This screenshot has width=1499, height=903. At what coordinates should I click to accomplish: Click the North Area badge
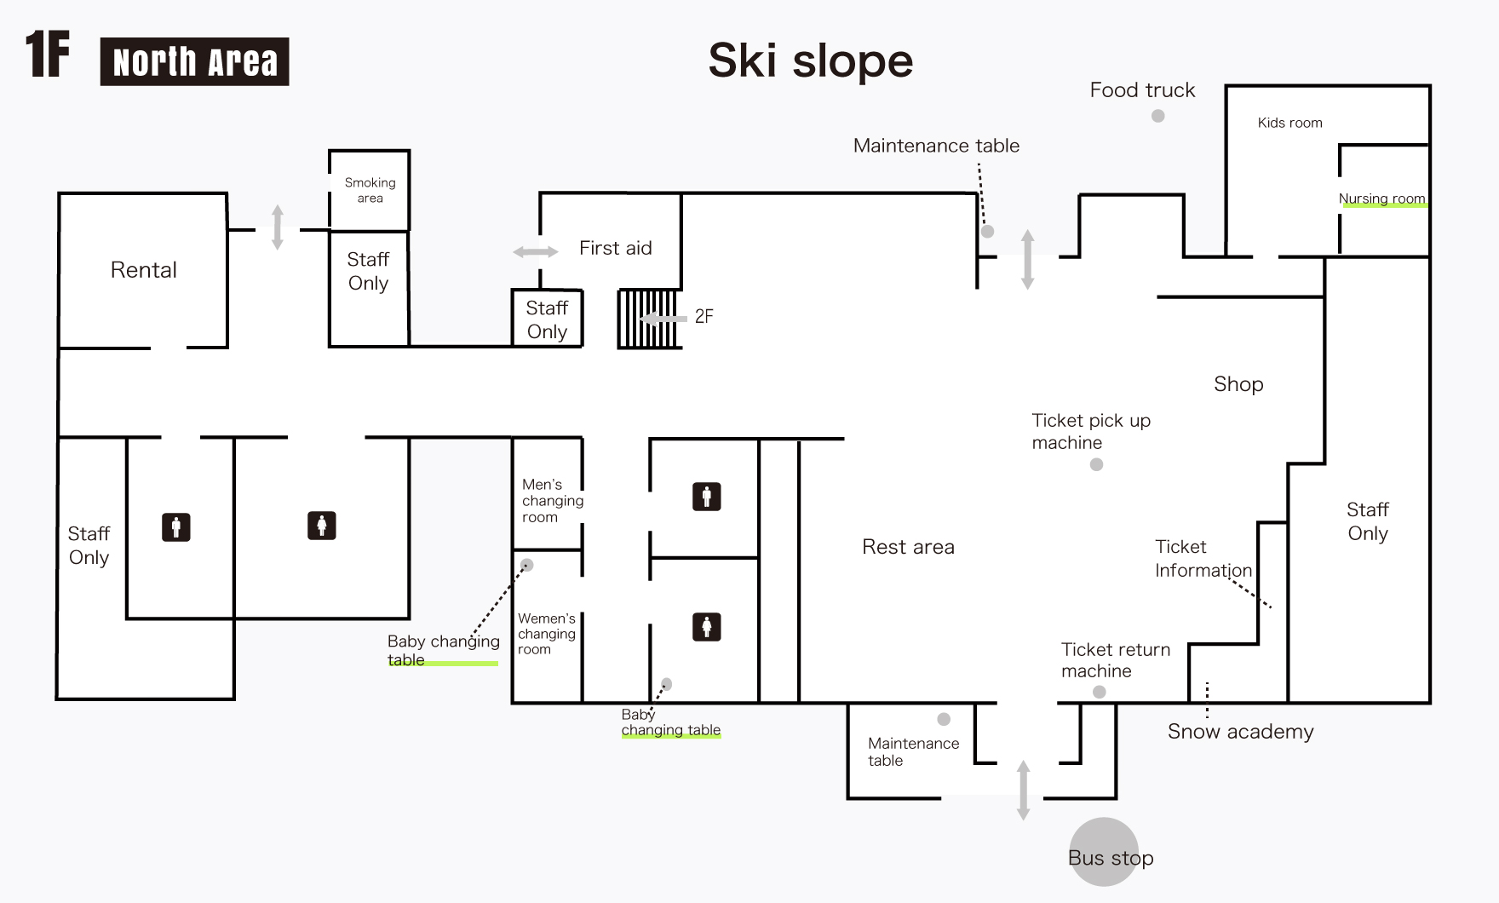(x=194, y=61)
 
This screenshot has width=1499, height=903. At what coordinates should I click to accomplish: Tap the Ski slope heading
(x=810, y=60)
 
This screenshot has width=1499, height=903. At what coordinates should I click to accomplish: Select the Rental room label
(x=144, y=270)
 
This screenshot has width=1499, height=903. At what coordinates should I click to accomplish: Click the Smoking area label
(x=370, y=190)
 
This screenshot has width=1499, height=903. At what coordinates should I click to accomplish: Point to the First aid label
(x=615, y=248)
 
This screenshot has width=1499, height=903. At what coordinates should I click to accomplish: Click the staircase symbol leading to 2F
(x=648, y=319)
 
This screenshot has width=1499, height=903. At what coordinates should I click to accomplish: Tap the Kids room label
(x=1289, y=123)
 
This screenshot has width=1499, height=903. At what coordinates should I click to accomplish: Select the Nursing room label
(x=1381, y=198)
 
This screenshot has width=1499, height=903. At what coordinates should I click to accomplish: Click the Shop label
(x=1238, y=384)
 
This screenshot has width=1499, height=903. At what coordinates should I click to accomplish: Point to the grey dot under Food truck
(x=1157, y=116)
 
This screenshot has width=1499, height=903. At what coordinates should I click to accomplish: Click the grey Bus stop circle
(x=1104, y=852)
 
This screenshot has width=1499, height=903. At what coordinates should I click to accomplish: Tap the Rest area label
(x=908, y=547)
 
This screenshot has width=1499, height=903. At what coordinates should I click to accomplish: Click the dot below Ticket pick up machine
(x=1096, y=464)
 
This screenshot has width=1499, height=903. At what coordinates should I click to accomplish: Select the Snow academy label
(x=1240, y=732)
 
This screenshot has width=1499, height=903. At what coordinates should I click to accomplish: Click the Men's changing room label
(x=552, y=501)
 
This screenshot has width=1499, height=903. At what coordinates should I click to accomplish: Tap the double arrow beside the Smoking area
(x=277, y=227)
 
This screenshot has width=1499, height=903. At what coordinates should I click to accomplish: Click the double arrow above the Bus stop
(x=1023, y=791)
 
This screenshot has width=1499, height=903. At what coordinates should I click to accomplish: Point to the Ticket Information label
(x=1203, y=559)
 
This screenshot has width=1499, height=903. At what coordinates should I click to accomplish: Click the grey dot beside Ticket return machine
(x=1099, y=692)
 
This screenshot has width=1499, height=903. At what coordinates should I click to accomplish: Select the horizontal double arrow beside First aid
(x=536, y=251)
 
